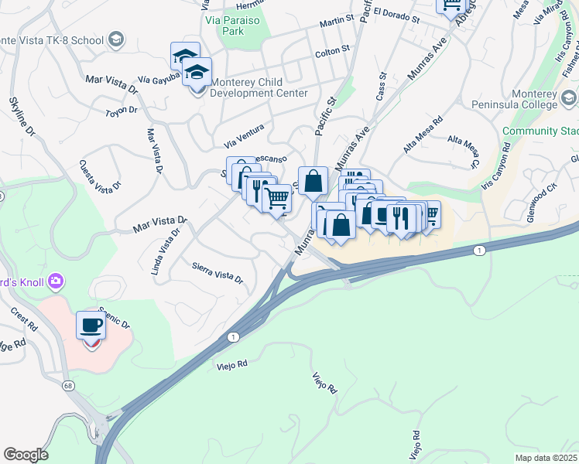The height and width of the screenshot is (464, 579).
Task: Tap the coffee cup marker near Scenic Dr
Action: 91,326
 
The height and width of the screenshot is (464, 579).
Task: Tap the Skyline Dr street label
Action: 22,117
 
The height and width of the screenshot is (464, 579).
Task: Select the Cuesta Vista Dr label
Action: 100,176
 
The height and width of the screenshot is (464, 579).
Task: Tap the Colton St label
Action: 334,53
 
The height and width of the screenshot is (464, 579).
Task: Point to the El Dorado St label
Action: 396,15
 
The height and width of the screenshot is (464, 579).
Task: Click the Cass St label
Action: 382,87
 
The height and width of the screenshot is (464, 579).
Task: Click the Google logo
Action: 26,455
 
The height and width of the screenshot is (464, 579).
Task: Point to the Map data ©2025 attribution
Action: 546,458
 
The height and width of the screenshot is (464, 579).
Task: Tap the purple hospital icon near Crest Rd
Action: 56,280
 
